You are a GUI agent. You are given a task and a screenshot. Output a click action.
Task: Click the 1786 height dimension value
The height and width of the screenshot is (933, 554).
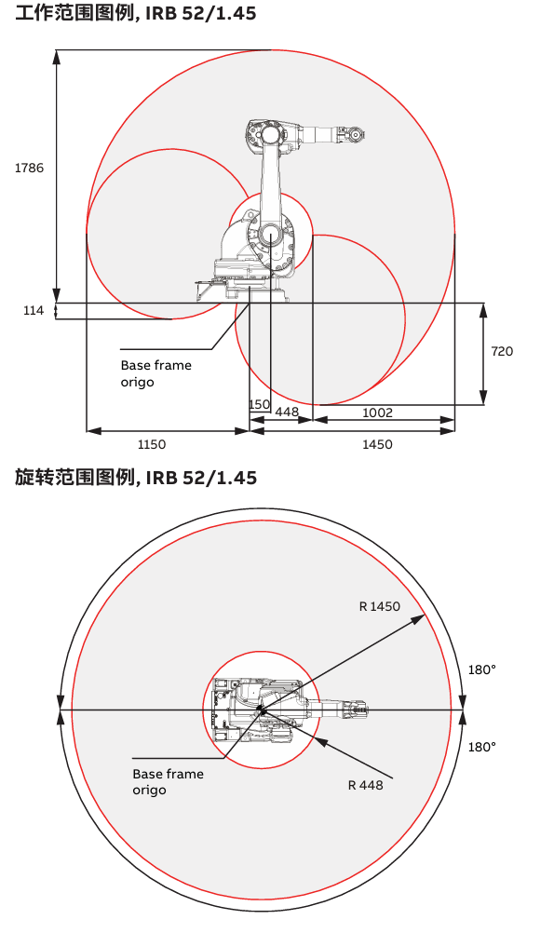29,168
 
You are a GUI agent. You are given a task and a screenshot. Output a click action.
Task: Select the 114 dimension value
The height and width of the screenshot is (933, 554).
34,310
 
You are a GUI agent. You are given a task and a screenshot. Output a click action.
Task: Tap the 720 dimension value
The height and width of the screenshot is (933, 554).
502,351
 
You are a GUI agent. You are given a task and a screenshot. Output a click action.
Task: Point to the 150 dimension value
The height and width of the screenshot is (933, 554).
260,404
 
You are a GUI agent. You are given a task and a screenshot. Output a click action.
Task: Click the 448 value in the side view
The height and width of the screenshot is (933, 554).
287,412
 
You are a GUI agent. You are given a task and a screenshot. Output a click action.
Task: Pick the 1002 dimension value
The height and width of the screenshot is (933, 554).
377,412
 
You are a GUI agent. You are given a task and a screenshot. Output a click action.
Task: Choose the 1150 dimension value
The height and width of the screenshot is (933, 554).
151,444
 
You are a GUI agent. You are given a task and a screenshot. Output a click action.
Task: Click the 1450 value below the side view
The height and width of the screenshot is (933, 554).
377,444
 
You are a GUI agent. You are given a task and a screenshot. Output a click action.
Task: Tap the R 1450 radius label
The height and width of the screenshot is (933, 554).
380,606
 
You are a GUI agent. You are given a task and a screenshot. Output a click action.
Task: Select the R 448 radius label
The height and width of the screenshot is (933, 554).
365,785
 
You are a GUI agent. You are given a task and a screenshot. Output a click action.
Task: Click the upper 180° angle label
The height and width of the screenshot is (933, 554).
482,670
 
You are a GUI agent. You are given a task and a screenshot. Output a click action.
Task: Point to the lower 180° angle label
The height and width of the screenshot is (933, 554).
482,747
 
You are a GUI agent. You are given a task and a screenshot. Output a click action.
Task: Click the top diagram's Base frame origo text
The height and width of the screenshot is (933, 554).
155,373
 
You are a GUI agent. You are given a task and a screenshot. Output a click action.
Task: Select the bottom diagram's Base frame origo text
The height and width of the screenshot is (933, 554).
168,782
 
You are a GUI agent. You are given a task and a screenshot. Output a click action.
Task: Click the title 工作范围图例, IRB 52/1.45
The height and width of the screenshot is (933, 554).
136,12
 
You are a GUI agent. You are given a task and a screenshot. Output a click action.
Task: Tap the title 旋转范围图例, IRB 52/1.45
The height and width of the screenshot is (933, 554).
136,478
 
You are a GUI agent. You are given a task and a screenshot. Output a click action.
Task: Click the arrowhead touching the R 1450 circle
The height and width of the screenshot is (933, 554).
418,619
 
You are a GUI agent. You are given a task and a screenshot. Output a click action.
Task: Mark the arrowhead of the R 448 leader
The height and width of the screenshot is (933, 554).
320,741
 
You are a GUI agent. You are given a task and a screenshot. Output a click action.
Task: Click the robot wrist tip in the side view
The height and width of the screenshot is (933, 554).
357,135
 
